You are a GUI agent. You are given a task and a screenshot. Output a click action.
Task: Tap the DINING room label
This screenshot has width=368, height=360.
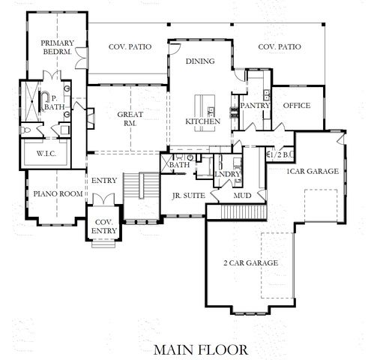[x=200, y=61]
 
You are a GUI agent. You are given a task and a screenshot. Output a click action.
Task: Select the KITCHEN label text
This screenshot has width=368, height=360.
[x=202, y=121]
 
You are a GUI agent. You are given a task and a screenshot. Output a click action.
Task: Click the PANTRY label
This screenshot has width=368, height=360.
[x=256, y=106]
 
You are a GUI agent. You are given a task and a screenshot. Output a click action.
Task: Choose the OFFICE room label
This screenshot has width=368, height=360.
[x=297, y=106]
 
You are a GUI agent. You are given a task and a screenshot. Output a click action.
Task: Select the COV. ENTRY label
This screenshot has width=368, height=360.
[x=101, y=226]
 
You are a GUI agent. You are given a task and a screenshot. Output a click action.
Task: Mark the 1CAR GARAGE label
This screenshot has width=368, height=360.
[x=313, y=171]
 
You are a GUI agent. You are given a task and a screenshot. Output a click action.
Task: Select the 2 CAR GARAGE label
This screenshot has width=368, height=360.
[x=251, y=263]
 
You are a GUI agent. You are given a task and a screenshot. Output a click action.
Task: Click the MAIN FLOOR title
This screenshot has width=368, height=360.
[x=196, y=349]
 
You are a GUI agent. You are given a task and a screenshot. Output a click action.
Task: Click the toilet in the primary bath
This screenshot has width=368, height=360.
[x=26, y=130]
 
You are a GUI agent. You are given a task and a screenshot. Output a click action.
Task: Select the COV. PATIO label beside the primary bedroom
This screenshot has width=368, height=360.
[x=129, y=46]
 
